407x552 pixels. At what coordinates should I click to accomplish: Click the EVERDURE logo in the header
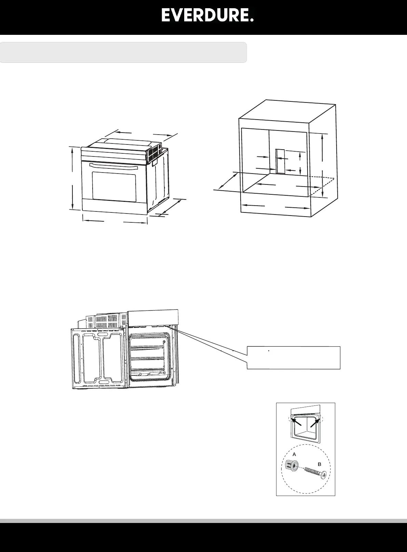coord(207,16)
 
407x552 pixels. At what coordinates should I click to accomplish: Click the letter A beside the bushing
coord(294,454)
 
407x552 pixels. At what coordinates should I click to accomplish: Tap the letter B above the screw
coord(320,464)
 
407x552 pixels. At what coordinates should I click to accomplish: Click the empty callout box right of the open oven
coord(294,357)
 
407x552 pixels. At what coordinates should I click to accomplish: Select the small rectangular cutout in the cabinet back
coord(280,161)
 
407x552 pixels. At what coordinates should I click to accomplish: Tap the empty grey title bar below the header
coord(123,52)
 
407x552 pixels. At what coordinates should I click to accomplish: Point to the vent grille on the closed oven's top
coord(154,155)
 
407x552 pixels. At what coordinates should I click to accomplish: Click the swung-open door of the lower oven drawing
coord(99,358)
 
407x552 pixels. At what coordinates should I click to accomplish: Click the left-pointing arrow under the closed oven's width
coord(93,221)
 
